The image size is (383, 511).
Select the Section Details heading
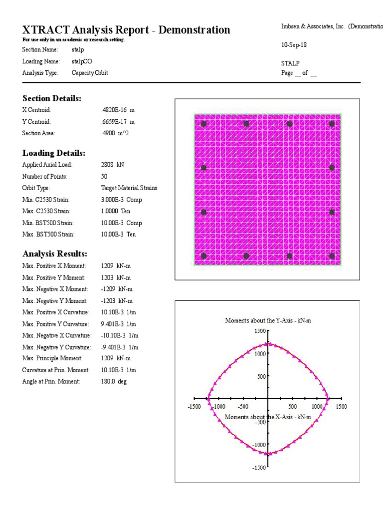(52, 98)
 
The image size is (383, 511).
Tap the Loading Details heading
(54, 153)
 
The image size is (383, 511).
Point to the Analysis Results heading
(55, 254)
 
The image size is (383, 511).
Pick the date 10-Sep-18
(294, 45)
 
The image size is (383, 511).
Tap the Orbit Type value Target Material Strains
(129, 188)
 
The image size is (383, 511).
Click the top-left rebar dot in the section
(203, 124)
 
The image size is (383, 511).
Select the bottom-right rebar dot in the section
(332, 256)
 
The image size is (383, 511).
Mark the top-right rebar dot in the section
(332, 124)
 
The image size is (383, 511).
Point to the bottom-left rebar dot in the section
(203, 256)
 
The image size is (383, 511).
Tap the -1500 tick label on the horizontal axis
(194, 407)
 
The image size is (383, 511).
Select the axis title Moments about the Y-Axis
(268, 320)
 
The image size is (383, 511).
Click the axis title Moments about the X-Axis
(268, 417)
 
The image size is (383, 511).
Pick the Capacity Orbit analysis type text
(90, 72)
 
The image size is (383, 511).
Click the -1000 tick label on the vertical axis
(257, 445)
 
